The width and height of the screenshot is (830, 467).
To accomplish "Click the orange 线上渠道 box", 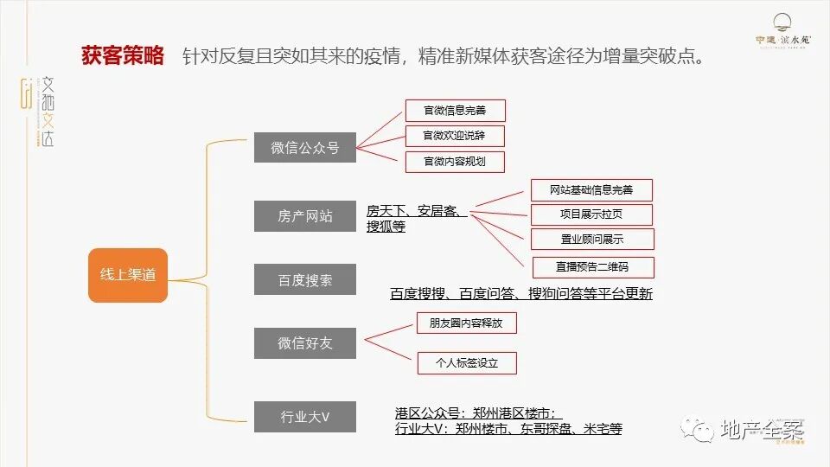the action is point(127,275).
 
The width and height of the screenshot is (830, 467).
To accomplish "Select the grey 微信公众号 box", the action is point(304,148).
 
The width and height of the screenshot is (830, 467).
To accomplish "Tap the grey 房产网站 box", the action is point(304,216).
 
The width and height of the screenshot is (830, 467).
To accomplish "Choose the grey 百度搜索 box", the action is point(304,280).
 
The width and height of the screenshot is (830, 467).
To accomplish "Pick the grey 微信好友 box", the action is point(304,343).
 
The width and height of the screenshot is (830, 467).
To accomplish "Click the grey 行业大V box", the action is point(304,416).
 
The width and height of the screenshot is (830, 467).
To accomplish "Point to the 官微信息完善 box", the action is point(455,111).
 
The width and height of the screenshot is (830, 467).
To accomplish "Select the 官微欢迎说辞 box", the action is point(455,136).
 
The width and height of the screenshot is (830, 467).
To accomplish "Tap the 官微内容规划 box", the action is point(455,162).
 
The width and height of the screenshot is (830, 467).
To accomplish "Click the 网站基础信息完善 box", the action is point(591,190).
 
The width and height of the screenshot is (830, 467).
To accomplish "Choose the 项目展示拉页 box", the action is point(591,214).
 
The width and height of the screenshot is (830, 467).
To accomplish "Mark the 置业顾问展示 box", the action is point(591,240).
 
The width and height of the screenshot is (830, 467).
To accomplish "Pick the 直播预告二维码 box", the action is point(591,266).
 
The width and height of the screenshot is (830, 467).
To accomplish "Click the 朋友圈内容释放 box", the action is point(466,324).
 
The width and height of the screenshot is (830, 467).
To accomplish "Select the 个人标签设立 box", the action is point(466,363).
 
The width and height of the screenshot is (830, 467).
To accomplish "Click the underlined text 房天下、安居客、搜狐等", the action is point(415,219).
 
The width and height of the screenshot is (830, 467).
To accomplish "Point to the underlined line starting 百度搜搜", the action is point(520,294).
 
